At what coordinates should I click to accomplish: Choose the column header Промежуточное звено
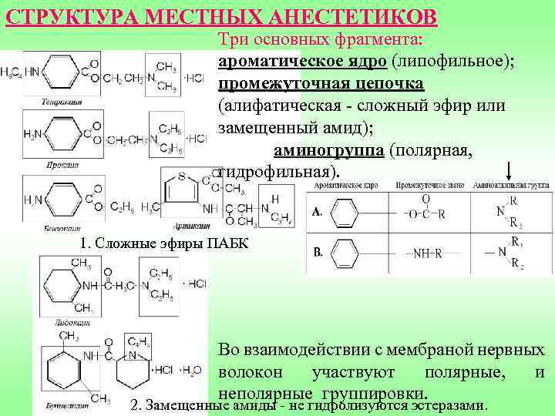[428, 186]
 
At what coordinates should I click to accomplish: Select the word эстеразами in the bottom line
[447, 404]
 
